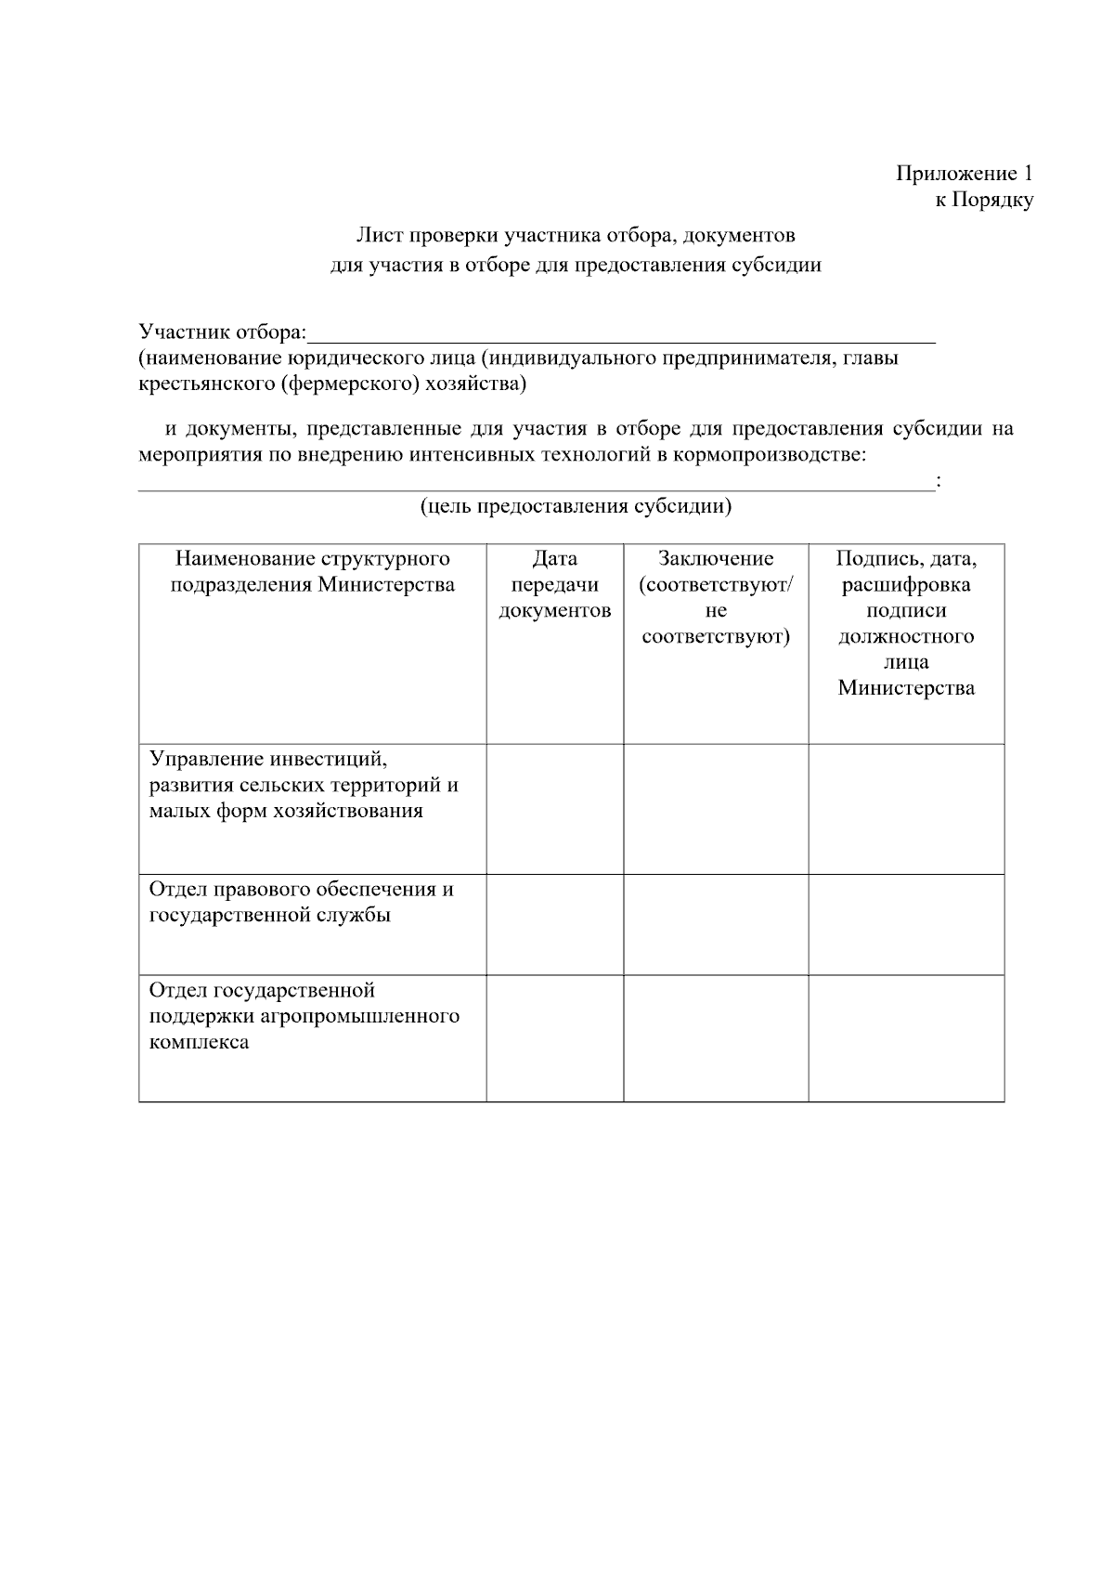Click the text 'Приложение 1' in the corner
pyautogui.click(x=964, y=174)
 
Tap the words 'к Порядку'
pyautogui.click(x=983, y=200)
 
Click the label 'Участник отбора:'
pyautogui.click(x=222, y=332)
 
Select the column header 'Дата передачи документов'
pyautogui.click(x=555, y=584)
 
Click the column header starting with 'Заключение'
pyautogui.click(x=716, y=597)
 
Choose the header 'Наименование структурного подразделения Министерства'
pyautogui.click(x=313, y=571)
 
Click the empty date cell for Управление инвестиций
pyautogui.click(x=555, y=809)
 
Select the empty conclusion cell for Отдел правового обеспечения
pyautogui.click(x=716, y=925)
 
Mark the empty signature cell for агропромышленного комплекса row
pyautogui.click(x=906, y=1038)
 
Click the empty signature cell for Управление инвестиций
pyautogui.click(x=906, y=809)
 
